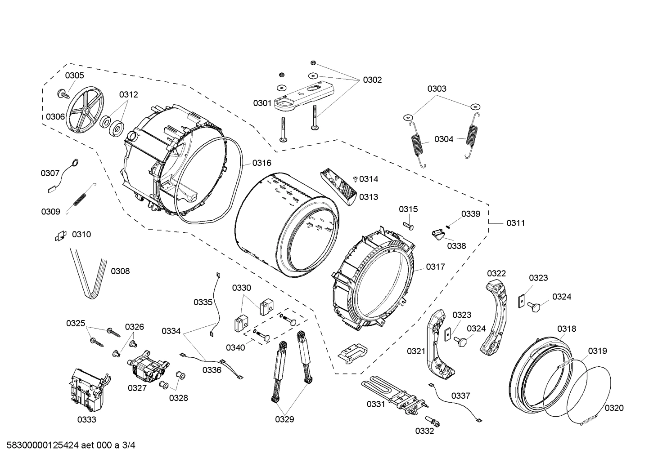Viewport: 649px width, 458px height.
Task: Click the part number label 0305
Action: pos(74,76)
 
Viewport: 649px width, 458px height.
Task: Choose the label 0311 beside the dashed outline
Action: pos(516,223)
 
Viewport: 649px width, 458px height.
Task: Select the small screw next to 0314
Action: pos(356,179)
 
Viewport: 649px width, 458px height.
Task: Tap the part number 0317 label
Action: pos(435,267)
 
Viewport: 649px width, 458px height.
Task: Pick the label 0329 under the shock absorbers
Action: pos(284,419)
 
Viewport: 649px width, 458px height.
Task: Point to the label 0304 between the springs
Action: pos(444,139)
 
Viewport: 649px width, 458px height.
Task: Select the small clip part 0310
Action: pos(60,235)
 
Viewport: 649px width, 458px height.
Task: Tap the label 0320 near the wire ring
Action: pos(614,408)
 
